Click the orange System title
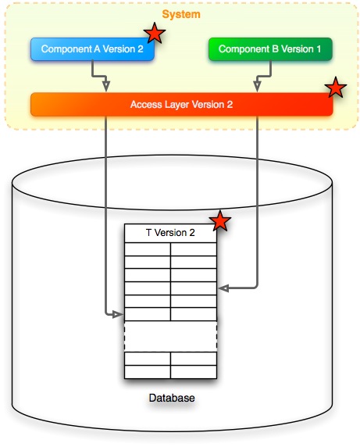(180, 14)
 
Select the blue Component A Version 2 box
(92, 49)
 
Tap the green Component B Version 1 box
(270, 49)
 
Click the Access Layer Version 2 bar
(181, 104)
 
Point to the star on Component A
(155, 34)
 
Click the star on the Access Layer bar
(336, 88)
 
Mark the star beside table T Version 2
(221, 221)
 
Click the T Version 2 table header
(170, 233)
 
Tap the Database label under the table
(171, 399)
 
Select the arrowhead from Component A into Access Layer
(107, 88)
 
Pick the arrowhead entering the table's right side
(222, 288)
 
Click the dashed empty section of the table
(170, 336)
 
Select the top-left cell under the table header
(148, 249)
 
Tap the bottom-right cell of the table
(194, 371)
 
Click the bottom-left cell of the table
(148, 371)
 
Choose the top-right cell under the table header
(194, 249)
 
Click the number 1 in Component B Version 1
(319, 49)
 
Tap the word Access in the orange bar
(145, 104)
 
